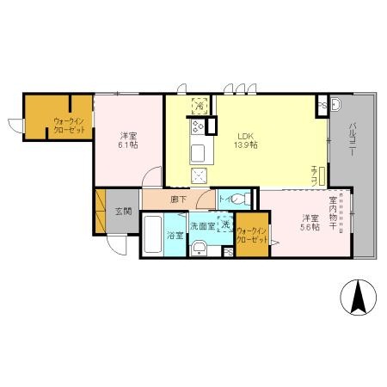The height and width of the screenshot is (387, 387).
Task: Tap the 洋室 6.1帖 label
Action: [x=126, y=141]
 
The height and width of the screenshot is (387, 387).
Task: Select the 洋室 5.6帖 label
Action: [x=310, y=223]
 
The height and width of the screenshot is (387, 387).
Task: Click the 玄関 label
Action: [x=122, y=210]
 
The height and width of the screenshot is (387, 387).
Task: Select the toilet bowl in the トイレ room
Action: [x=240, y=200]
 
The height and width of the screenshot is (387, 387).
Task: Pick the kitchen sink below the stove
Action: [x=197, y=153]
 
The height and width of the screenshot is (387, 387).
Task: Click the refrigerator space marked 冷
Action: [x=200, y=106]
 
